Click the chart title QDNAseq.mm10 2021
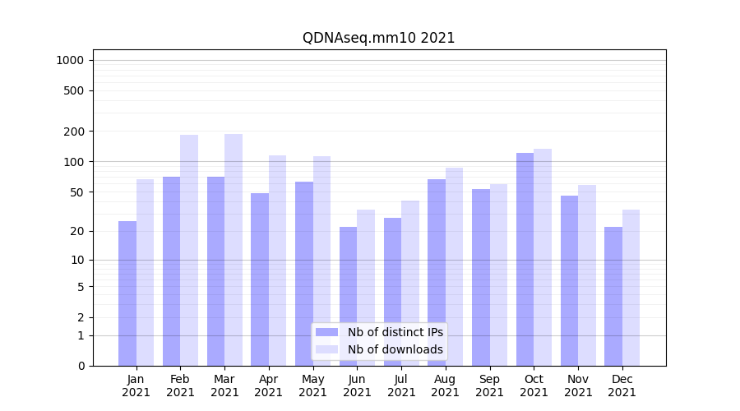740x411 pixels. pyautogui.click(x=378, y=38)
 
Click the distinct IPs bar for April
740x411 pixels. pyautogui.click(x=260, y=279)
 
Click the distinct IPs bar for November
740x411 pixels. pyautogui.click(x=569, y=280)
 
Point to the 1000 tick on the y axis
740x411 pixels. pyautogui.click(x=70, y=60)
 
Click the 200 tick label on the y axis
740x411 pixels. pyautogui.click(x=75, y=132)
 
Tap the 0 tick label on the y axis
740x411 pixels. pyautogui.click(x=81, y=366)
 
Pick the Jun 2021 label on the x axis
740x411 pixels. pyautogui.click(x=357, y=386)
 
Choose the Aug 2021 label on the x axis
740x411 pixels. pyautogui.click(x=446, y=386)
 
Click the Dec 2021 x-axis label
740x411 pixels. pyautogui.click(x=622, y=386)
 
